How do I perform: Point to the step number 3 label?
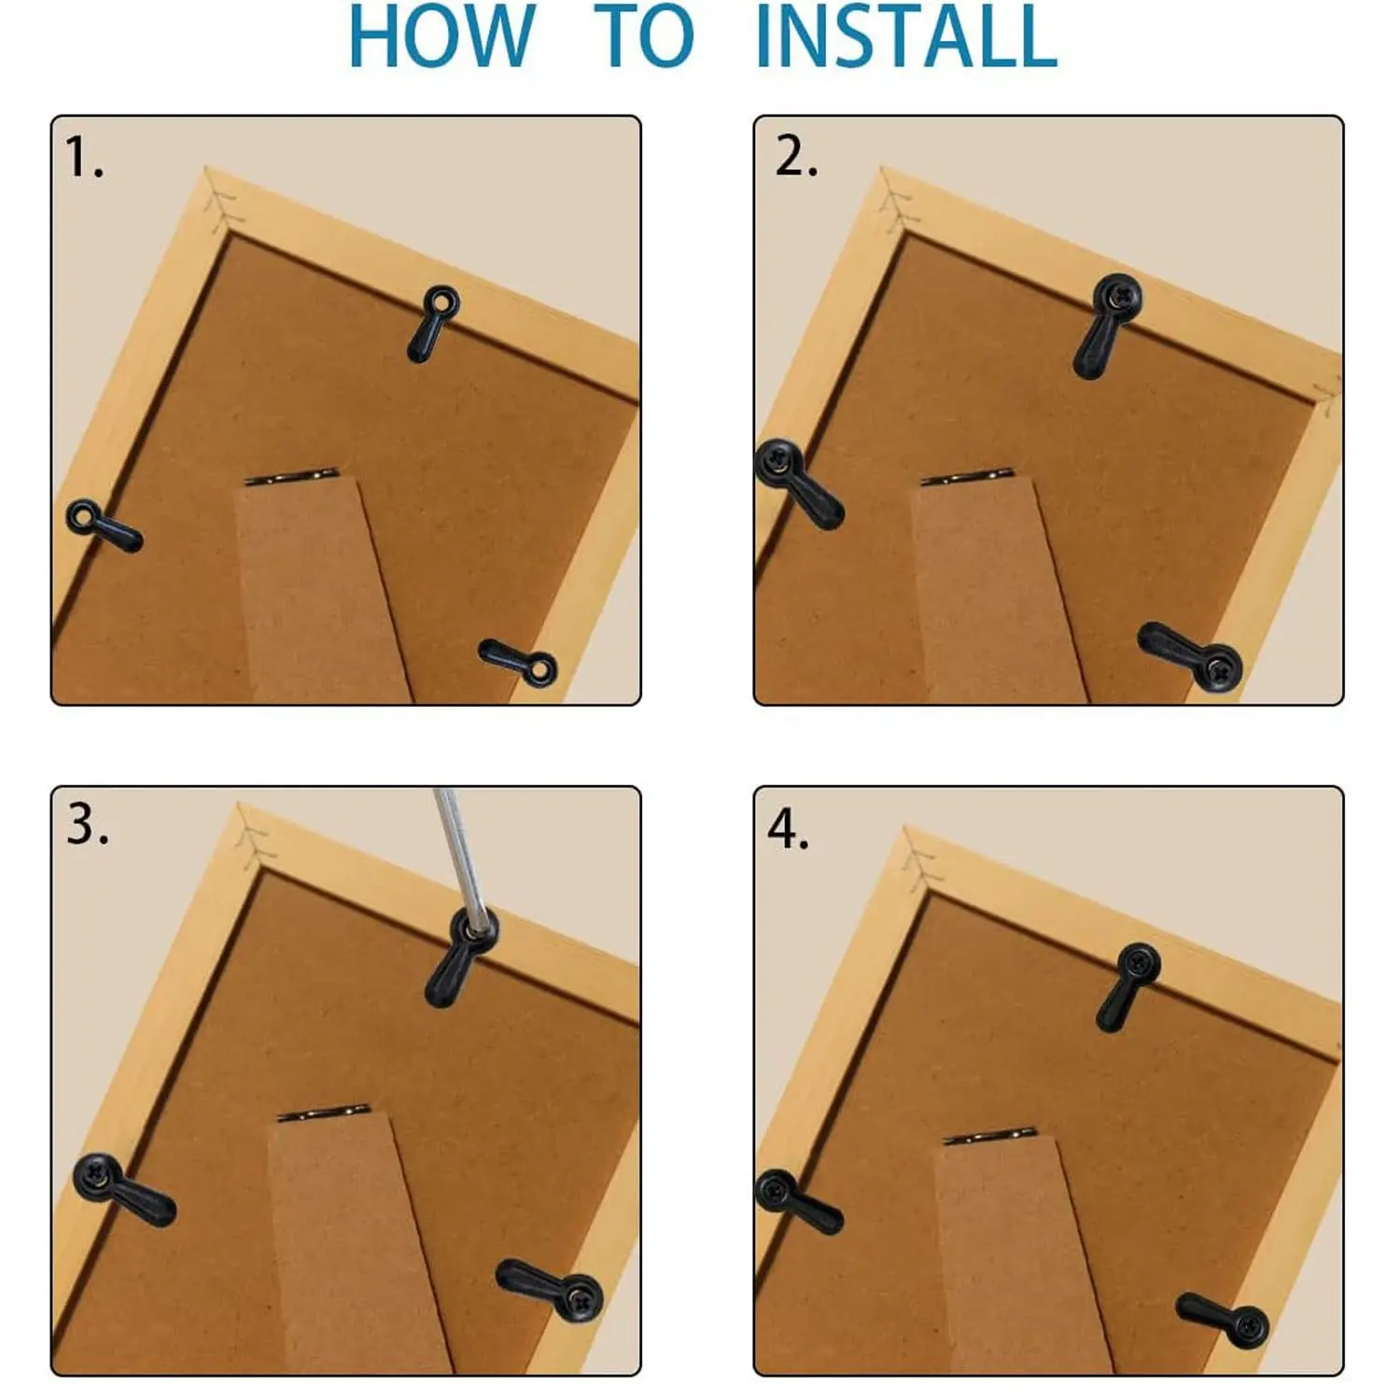click(x=87, y=824)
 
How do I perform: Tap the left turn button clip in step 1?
click(x=104, y=525)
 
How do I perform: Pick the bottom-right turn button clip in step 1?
click(x=518, y=662)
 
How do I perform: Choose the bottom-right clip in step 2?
click(x=1190, y=653)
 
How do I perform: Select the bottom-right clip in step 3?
click(x=549, y=1289)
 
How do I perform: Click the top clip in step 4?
click(x=1128, y=987)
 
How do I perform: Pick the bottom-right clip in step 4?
click(x=1223, y=1319)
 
